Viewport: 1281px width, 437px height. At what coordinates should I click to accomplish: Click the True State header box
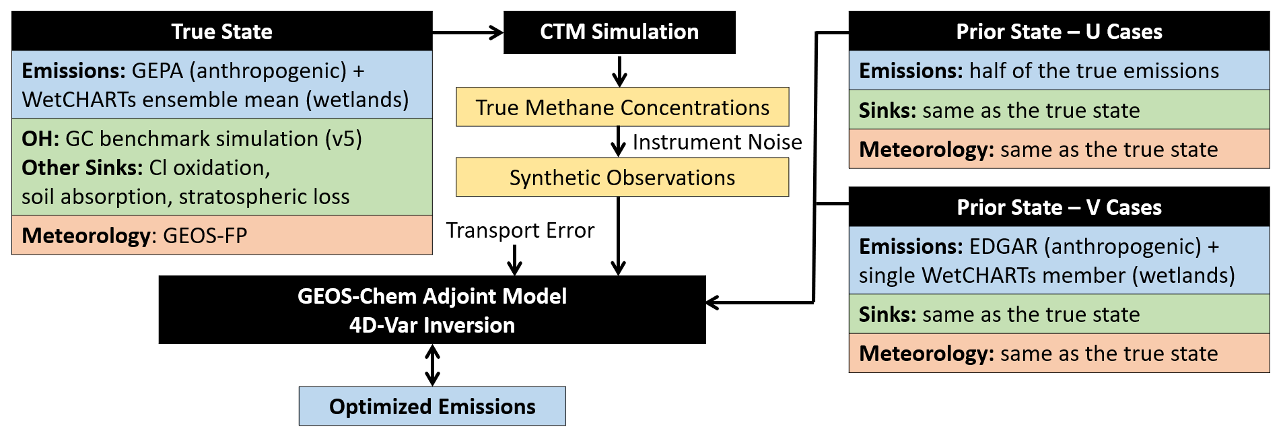point(221,31)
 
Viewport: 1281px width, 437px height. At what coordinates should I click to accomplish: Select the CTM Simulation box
point(619,32)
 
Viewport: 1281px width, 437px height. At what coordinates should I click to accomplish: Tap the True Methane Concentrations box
point(622,107)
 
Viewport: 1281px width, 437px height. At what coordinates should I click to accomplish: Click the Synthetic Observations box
point(622,177)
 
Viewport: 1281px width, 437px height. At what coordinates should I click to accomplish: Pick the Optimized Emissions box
point(432,406)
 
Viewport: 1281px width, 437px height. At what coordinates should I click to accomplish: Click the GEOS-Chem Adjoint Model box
point(432,310)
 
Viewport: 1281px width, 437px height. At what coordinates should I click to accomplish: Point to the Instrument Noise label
point(717,142)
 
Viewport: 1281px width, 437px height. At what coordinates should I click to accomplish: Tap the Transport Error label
point(520,230)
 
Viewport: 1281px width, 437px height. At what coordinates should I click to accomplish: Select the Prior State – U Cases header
point(1059,31)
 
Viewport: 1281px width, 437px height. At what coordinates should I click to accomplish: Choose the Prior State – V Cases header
point(1059,207)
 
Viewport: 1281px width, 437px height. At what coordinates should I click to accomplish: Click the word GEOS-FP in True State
point(205,236)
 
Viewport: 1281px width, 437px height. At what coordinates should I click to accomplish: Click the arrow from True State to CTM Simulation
point(468,32)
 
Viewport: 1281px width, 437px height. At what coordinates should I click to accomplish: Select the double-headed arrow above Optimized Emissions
point(432,365)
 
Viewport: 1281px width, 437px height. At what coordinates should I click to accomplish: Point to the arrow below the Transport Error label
point(514,260)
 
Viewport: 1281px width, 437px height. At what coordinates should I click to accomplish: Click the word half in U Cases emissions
point(988,71)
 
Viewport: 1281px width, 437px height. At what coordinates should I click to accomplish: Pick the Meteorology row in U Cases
point(1059,149)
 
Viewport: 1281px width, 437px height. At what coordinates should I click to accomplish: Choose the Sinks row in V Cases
point(1059,314)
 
